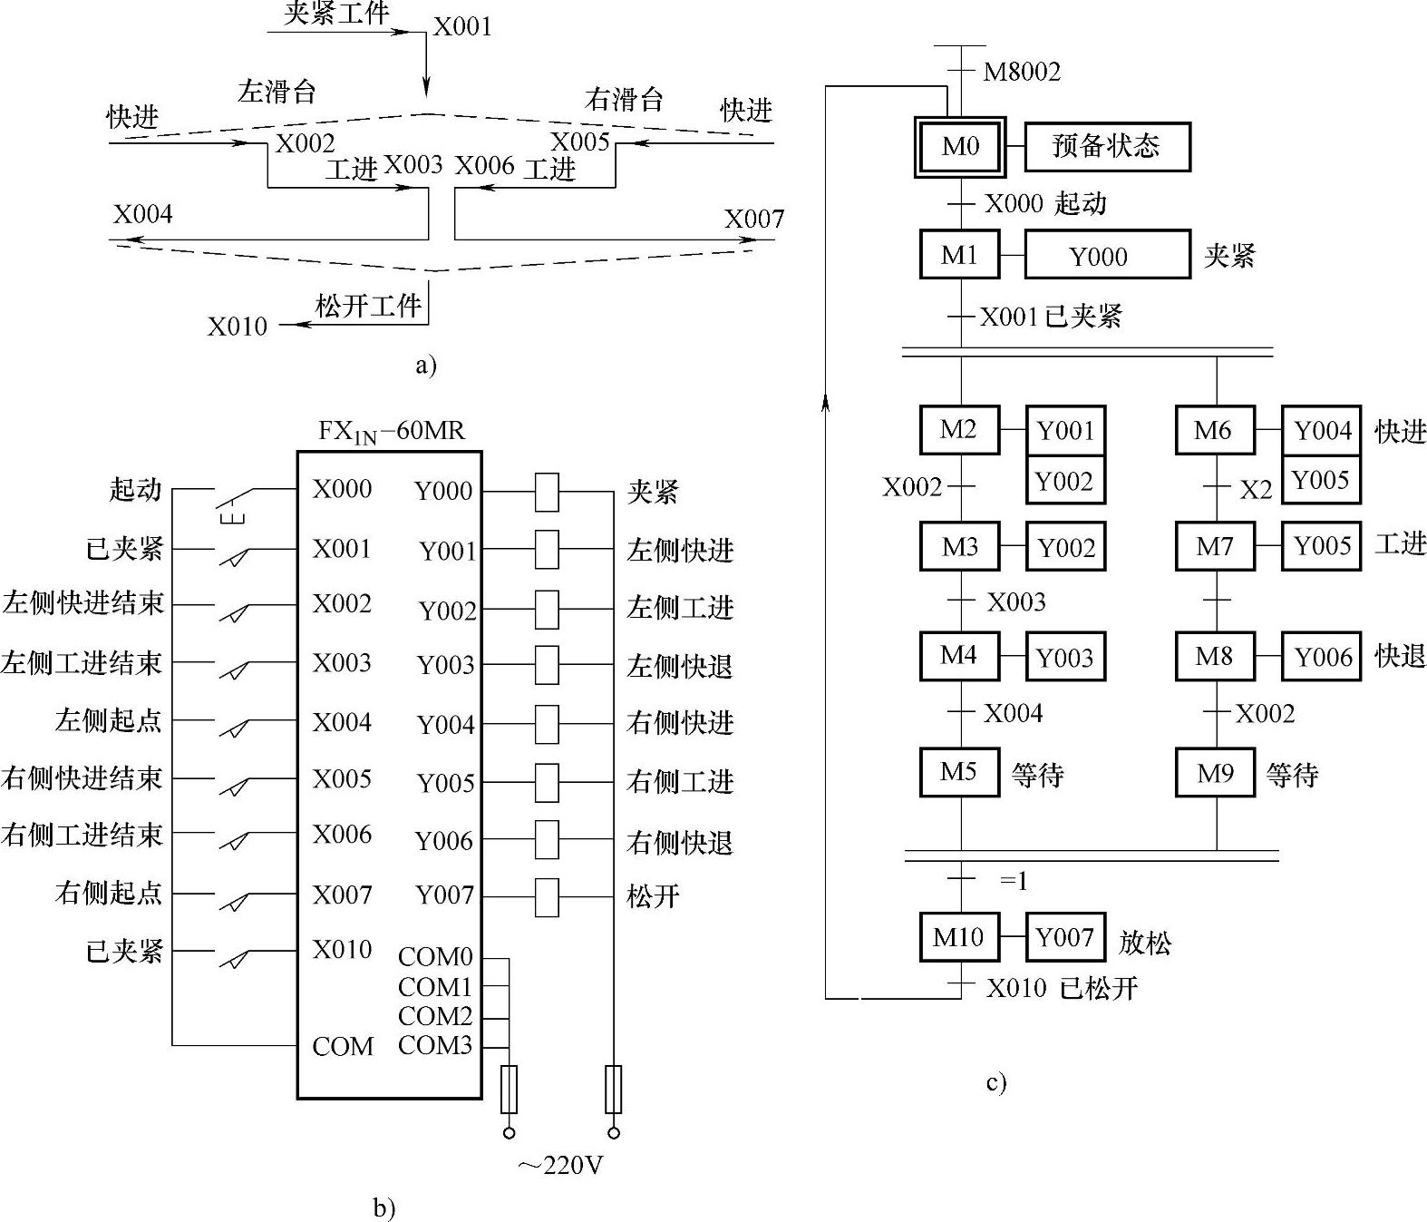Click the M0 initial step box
[x=959, y=146]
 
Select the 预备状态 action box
[x=1107, y=146]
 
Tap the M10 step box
[x=959, y=937]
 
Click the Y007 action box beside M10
[x=1065, y=937]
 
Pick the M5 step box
[x=959, y=772]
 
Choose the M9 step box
[x=1215, y=772]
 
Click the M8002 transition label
[x=1022, y=72]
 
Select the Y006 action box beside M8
[x=1322, y=656]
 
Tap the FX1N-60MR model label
[x=391, y=431]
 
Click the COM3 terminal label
[x=435, y=1045]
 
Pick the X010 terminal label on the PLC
[x=342, y=949]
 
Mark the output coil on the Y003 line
[x=546, y=665]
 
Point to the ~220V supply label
[x=560, y=1165]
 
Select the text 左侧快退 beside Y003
[x=680, y=666]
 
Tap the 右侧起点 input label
[x=109, y=893]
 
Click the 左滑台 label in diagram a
[x=277, y=92]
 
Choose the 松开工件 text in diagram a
[x=368, y=305]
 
